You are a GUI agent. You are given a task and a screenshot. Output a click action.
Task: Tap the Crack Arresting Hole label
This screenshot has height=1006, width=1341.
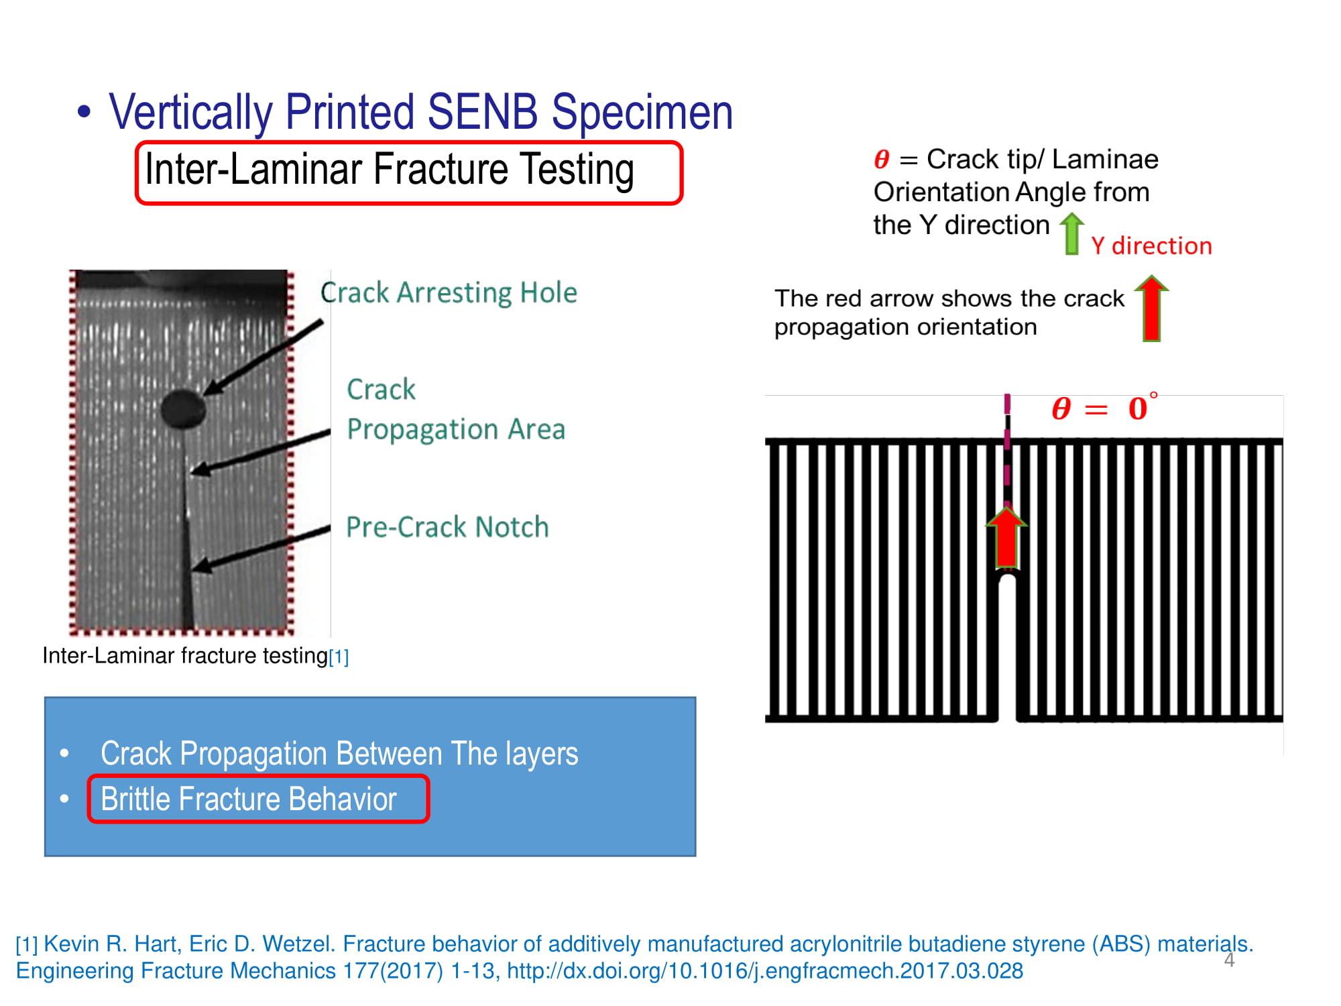coord(449,292)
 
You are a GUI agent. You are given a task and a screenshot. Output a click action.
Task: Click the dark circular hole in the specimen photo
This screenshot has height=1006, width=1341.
coord(183,408)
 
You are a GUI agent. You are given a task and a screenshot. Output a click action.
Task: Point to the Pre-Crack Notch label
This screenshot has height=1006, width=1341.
coord(447,527)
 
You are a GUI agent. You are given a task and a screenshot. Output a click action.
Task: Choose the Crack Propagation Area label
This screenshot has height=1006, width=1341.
coord(456,409)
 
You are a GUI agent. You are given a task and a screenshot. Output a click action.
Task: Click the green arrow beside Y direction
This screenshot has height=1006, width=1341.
coord(1072,233)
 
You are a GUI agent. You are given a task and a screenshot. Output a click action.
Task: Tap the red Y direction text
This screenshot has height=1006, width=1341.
coord(1151,246)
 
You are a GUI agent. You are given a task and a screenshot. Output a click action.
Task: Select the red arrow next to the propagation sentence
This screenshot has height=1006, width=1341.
coord(1151,309)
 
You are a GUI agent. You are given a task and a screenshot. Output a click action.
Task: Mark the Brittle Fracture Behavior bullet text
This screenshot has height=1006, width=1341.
coord(249,799)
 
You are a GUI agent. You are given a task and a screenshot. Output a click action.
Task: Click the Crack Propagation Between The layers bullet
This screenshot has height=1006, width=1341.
coord(339,753)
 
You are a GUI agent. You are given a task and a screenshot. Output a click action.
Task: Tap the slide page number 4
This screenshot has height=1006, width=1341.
coord(1229,960)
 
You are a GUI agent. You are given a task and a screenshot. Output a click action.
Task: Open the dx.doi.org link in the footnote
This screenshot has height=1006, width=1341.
coord(765,971)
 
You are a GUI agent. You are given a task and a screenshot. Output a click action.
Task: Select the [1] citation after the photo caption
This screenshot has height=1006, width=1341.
coord(339,657)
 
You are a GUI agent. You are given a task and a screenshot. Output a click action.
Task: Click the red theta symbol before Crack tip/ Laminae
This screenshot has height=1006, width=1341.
coord(882,160)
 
